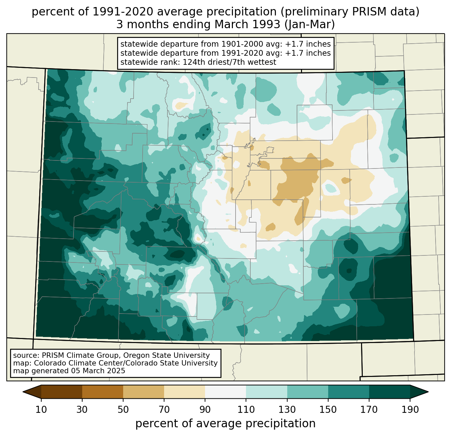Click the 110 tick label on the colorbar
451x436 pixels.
[246, 410]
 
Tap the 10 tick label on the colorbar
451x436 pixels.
[41, 410]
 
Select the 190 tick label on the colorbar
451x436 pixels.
[410, 410]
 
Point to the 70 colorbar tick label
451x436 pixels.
[164, 410]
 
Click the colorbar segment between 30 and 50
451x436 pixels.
[103, 392]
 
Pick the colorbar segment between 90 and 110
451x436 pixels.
[225, 392]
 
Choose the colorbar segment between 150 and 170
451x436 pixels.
[349, 392]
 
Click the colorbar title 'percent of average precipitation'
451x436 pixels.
[225, 424]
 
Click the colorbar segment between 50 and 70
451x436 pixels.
[144, 392]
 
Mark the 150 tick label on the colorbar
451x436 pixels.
[328, 410]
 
